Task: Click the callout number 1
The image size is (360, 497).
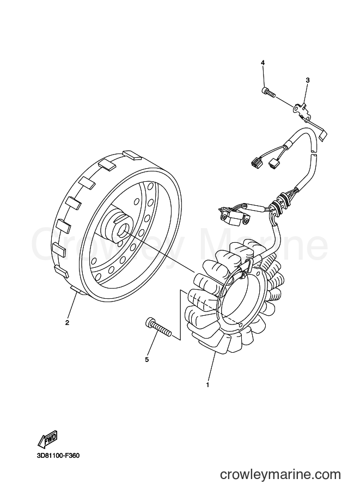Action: [208, 385]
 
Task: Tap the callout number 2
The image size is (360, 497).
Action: [67, 323]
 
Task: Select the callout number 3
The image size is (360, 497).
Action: [307, 80]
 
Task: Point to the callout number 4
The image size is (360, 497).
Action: [263, 63]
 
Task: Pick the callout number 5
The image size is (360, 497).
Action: [147, 359]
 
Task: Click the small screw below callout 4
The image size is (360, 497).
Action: [268, 91]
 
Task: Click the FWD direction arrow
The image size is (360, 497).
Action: [47, 438]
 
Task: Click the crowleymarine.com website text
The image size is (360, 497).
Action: [280, 475]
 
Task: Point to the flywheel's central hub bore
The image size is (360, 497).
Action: [122, 229]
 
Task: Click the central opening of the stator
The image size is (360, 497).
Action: [239, 296]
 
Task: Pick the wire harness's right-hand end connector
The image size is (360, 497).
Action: [272, 164]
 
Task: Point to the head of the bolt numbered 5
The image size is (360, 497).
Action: [149, 323]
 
